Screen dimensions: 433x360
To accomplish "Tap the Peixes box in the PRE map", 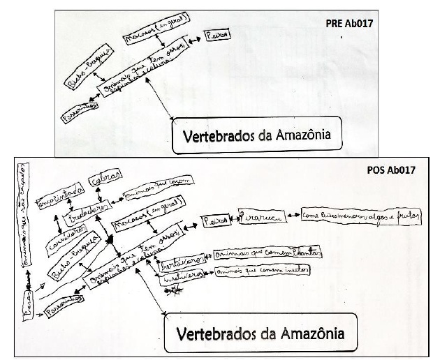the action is point(218,34).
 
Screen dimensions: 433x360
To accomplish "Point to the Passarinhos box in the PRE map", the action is point(78,110).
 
